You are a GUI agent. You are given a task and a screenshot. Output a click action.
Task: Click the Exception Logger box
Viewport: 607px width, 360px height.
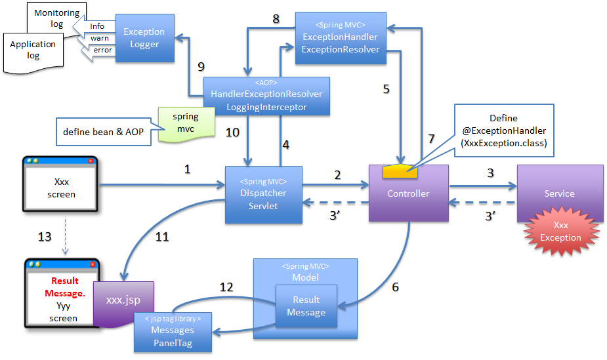pyautogui.click(x=144, y=38)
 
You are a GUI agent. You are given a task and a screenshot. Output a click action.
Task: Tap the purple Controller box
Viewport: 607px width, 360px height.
pyautogui.click(x=408, y=193)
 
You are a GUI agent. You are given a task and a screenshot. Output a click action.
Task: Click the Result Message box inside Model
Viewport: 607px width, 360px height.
pyautogui.click(x=306, y=306)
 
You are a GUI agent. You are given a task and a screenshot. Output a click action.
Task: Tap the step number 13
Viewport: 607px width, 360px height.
pyautogui.click(x=45, y=236)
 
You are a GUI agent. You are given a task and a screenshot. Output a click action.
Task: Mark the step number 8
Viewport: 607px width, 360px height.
pyautogui.click(x=276, y=20)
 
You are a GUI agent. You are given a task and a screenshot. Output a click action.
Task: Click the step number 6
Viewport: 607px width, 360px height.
pyautogui.click(x=396, y=286)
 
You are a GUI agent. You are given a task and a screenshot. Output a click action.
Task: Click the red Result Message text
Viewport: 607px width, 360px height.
pyautogui.click(x=64, y=287)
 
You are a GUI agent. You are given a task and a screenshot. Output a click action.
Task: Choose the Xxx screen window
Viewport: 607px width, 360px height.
pyautogui.click(x=61, y=188)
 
